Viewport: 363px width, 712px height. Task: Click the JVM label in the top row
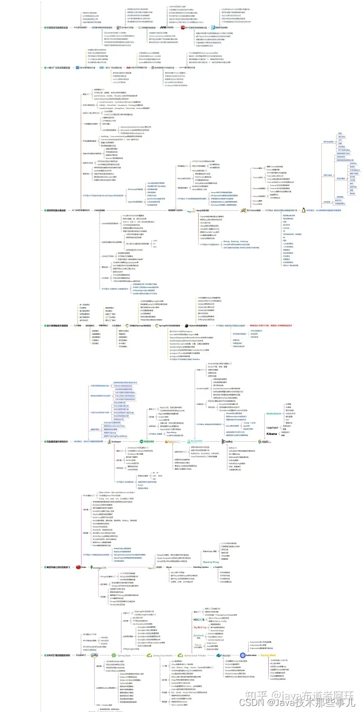pyautogui.click(x=163, y=27)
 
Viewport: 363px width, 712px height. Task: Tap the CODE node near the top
pyautogui.click(x=95, y=27)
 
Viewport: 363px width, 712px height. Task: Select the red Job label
pyautogui.click(x=129, y=67)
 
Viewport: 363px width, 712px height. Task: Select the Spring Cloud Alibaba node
pyautogui.click(x=195, y=655)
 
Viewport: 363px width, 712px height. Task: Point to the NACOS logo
pyautogui.click(x=199, y=619)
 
